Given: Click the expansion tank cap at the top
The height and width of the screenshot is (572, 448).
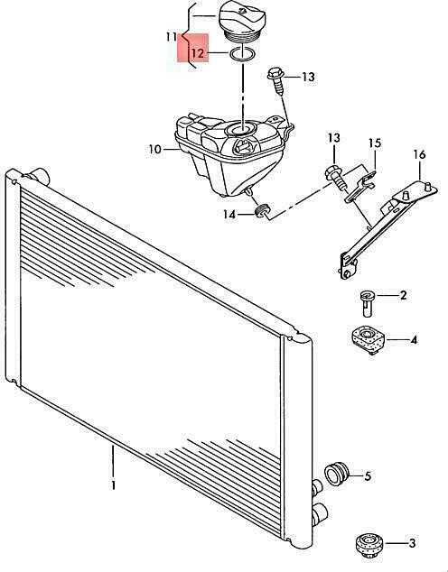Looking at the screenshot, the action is point(242,21).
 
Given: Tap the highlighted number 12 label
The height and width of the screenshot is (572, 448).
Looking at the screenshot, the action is point(197,53).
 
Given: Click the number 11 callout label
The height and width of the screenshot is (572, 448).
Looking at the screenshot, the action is point(172,37).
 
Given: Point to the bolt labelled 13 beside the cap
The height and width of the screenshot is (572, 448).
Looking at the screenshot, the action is point(275,80).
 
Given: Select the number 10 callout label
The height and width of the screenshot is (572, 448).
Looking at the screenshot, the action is point(154,149).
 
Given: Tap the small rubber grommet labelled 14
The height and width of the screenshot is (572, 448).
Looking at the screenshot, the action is point(261,210).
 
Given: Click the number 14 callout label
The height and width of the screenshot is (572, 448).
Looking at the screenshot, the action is point(229,215).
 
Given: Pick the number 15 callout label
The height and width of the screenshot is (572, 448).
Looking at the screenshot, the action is point(374,143).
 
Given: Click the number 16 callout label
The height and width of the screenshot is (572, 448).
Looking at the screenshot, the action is point(419,154).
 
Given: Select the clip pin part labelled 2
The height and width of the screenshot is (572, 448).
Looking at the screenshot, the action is point(367,303).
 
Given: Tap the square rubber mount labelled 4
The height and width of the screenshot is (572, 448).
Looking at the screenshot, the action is point(368,340).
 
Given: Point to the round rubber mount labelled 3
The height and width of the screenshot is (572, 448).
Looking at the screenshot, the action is point(369,545).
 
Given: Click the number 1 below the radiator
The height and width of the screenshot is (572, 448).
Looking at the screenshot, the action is point(114,485).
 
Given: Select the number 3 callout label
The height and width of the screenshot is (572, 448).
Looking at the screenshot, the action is point(412,543).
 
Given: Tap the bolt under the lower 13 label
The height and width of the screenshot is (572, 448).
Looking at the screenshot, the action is point(335,177).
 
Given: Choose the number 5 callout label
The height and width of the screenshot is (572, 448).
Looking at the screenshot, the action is point(368,475).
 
